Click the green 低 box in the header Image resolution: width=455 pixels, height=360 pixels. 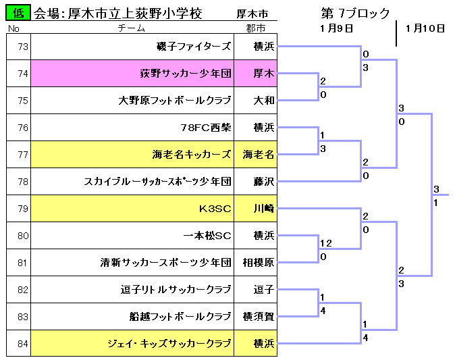tap(18, 13)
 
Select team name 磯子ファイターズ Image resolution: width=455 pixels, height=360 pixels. tap(194, 47)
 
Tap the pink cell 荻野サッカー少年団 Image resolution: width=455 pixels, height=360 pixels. tap(132, 74)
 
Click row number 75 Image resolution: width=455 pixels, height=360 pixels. tap(23, 101)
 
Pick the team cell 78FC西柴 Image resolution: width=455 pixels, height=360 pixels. tap(132, 128)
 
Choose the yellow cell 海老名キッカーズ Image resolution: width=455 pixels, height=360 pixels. tap(132, 155)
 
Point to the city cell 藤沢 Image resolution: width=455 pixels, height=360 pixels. tap(255, 182)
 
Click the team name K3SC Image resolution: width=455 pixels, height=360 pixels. tap(215, 209)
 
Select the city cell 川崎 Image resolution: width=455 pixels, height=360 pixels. tap(255, 209)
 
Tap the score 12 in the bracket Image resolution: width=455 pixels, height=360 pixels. tap(326, 243)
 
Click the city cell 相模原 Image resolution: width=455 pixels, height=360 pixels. tap(255, 263)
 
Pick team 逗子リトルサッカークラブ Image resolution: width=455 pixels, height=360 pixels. tap(176, 290)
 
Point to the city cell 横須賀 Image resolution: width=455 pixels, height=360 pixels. tap(255, 317)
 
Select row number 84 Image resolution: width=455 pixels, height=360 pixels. tap(23, 344)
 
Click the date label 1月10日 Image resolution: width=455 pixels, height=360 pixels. tap(425, 28)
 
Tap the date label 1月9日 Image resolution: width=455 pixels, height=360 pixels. tap(336, 28)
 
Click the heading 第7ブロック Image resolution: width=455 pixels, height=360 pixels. tap(355, 13)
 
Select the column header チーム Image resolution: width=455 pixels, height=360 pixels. tap(131, 28)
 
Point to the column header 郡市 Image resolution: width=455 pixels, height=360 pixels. tap(256, 28)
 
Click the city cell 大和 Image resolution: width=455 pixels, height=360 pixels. tap(255, 101)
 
